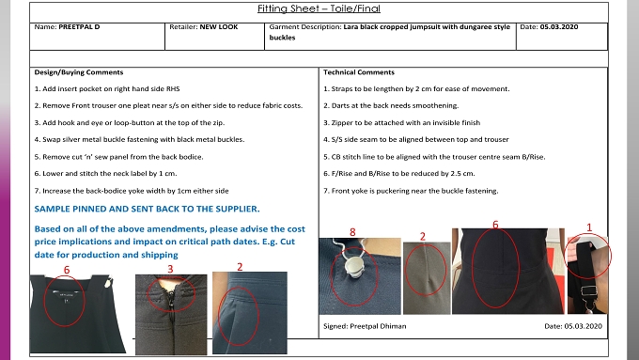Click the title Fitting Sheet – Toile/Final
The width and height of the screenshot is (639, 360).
tap(319, 8)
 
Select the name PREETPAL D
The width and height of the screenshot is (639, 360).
tap(79, 27)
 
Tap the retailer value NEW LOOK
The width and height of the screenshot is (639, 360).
tap(219, 27)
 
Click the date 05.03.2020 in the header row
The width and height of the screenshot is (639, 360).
tap(559, 27)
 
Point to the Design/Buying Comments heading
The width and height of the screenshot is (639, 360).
tap(79, 72)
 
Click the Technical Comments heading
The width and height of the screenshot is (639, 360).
tap(359, 72)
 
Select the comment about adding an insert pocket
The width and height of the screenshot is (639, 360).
tap(107, 89)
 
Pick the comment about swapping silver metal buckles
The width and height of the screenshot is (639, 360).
tap(139, 139)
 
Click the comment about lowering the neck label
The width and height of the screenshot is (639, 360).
tap(105, 174)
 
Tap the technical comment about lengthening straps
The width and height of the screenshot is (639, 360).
tap(416, 89)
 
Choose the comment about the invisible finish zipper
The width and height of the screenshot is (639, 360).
tap(402, 123)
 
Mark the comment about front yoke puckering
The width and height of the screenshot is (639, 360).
tap(411, 191)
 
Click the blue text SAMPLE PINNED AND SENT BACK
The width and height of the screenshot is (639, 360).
tap(147, 210)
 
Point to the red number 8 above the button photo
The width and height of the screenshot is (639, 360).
tap(352, 232)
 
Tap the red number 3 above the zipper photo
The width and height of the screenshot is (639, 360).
tap(170, 269)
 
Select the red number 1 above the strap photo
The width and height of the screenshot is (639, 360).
tap(589, 227)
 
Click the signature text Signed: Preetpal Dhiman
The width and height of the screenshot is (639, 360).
tap(365, 326)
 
